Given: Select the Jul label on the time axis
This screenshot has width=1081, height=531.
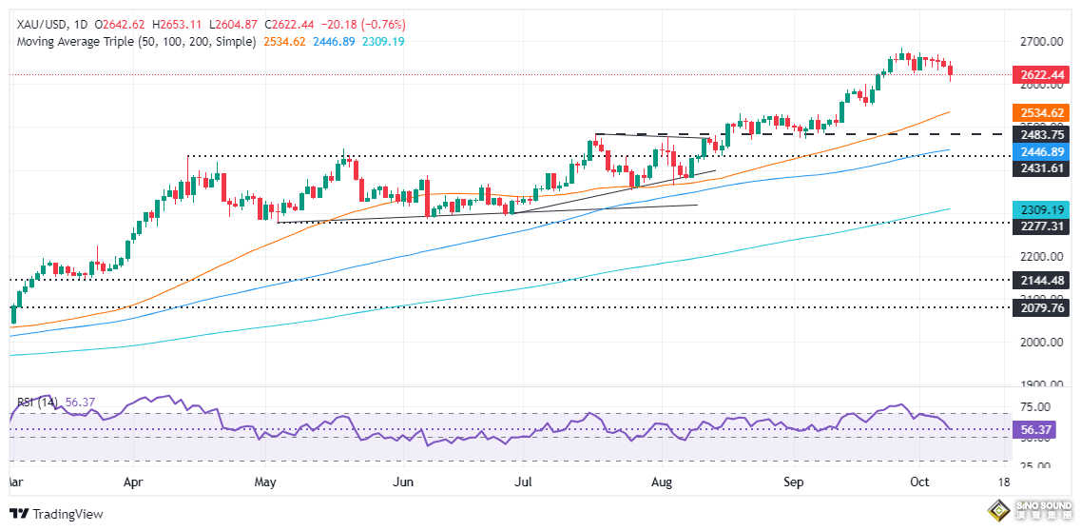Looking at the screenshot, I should (x=524, y=483).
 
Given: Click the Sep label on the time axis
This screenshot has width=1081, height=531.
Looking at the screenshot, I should (x=795, y=483).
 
